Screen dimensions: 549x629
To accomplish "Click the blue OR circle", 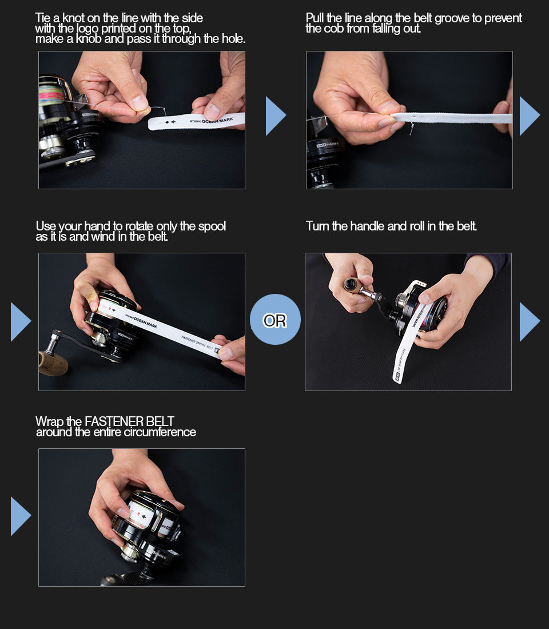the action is pos(275,319).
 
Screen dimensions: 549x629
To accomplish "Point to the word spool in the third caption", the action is pos(212,226).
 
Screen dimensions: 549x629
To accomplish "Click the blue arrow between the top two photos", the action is pos(275,116).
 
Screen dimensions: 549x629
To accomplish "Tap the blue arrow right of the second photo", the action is pos(530,116).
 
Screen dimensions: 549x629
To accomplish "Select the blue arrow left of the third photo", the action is pos(21,322).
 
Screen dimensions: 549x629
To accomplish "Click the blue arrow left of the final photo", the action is pos(21,516).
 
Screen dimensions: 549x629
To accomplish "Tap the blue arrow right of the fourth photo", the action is pos(530,322).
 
